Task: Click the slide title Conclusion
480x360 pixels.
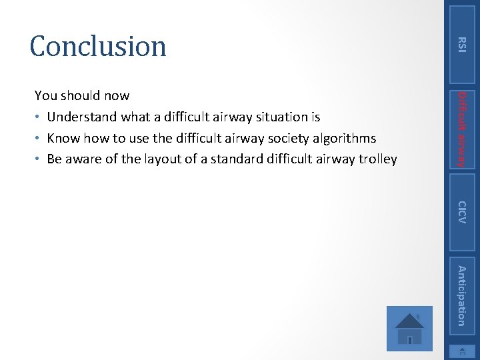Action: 98,46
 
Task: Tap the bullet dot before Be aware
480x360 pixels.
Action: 38,160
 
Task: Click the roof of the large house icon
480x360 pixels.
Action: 409,318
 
